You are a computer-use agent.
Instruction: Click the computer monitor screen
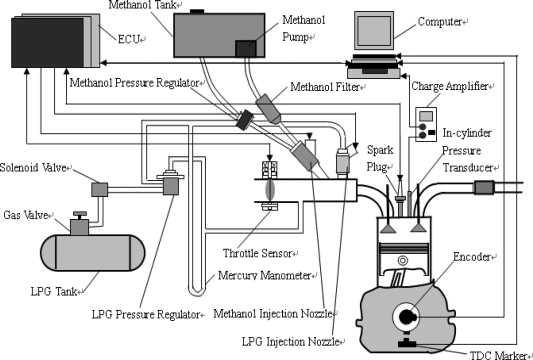point(374,30)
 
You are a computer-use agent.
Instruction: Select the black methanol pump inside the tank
point(245,48)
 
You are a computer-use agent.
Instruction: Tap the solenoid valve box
point(100,189)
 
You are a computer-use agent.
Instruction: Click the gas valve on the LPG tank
point(80,223)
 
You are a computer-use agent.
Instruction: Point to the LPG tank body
point(92,253)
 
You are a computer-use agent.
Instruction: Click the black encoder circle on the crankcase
point(406,318)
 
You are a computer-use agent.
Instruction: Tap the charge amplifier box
point(426,124)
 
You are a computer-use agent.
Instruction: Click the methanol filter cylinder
point(269,109)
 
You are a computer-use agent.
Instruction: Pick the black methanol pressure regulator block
point(245,119)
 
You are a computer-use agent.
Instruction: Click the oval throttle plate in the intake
point(270,190)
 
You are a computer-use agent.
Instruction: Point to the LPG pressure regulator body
point(171,183)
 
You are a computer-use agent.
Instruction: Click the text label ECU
point(129,39)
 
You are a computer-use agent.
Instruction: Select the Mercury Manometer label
point(264,275)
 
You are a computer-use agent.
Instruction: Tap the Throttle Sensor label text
point(257,253)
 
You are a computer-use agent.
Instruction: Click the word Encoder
point(472,257)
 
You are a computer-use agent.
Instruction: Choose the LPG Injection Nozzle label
point(291,341)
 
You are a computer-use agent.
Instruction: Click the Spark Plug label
point(380,158)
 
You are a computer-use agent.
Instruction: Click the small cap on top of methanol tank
point(196,12)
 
